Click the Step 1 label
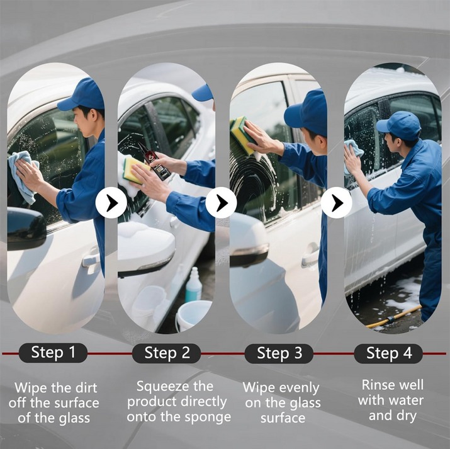click(53, 353)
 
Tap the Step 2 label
click(166, 353)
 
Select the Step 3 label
click(279, 353)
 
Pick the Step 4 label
click(388, 353)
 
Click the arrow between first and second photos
click(111, 203)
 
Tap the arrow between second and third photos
click(222, 203)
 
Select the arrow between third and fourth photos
click(336, 203)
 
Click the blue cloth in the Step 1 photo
click(23, 176)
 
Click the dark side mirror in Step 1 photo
click(26, 228)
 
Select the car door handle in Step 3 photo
click(310, 256)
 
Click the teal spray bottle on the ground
click(193, 285)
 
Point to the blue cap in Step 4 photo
click(399, 125)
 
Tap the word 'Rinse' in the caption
click(374, 385)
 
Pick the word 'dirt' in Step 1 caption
click(86, 388)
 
